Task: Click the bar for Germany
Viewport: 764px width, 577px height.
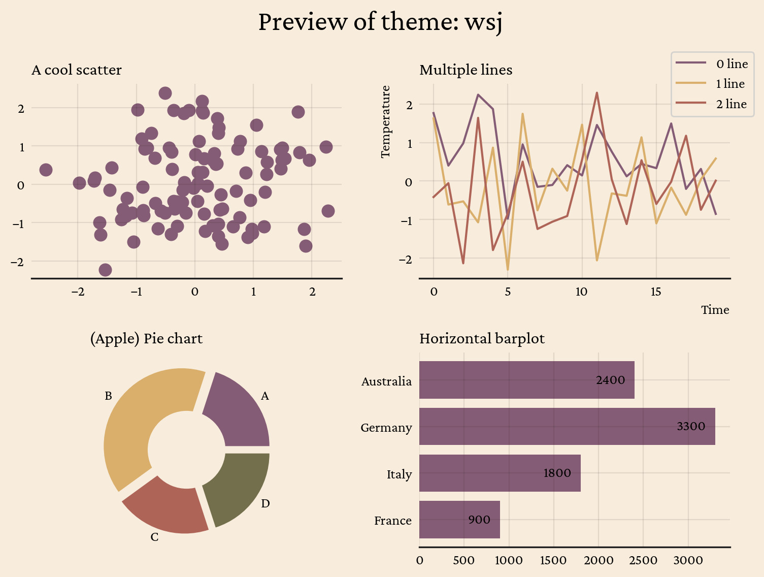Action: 567,427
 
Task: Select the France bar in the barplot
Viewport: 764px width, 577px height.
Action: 459,520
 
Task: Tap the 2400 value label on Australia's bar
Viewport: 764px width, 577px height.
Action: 610,380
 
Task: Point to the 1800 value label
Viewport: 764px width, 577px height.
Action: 557,473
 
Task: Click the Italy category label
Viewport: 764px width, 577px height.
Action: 399,474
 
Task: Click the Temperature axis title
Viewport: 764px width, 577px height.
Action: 385,122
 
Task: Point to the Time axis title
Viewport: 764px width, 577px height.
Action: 715,310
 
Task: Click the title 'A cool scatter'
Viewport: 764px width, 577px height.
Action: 77,70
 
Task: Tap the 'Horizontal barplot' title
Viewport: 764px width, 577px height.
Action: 482,338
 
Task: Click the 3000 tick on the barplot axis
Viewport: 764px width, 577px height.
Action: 688,560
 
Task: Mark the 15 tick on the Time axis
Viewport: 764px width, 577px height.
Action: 656,292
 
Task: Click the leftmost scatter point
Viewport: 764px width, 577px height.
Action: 46,170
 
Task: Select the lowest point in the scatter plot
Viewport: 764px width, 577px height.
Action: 105,270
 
